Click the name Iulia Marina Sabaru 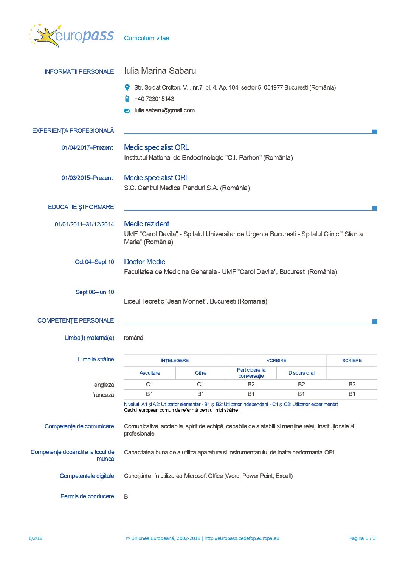coord(160,71)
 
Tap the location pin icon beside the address coord(127,88)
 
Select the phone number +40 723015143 coord(154,99)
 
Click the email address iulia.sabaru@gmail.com coord(164,110)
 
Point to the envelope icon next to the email coord(127,111)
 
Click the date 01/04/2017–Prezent coord(87,148)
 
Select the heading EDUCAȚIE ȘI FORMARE coord(81,207)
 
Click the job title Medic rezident coord(147,224)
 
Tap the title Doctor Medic coord(144,262)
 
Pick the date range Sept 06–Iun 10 coord(95,292)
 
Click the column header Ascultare coord(150,373)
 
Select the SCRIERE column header coord(352,361)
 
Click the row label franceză coord(103,395)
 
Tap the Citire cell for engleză coord(200,385)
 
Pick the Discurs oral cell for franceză coord(301,394)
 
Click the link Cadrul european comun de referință coord(181,410)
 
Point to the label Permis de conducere coord(87,496)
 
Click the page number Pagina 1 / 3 coord(362,538)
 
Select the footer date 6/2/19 coord(36,538)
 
